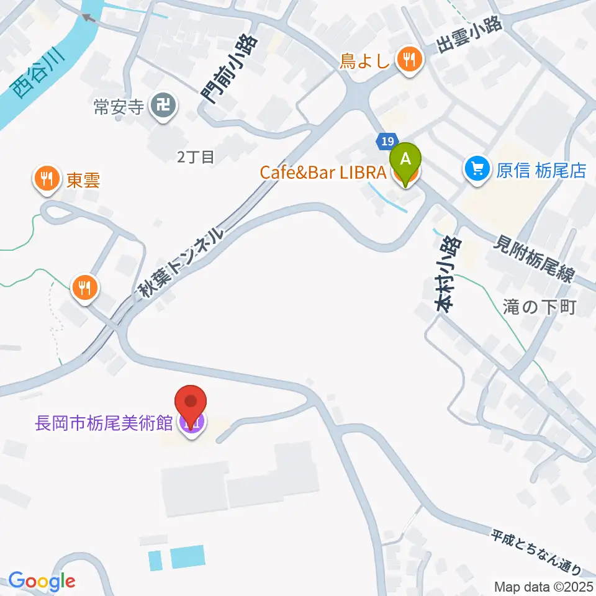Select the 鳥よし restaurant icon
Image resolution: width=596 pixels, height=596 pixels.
tap(409, 61)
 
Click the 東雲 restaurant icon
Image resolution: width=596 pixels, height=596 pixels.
tap(46, 181)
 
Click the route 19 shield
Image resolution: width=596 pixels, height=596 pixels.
tap(387, 142)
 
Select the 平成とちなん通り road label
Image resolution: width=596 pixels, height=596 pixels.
tap(536, 551)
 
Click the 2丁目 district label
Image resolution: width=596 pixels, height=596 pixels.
tap(196, 157)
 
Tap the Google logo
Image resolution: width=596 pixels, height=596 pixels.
tap(42, 582)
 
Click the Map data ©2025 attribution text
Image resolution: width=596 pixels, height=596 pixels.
tap(543, 586)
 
